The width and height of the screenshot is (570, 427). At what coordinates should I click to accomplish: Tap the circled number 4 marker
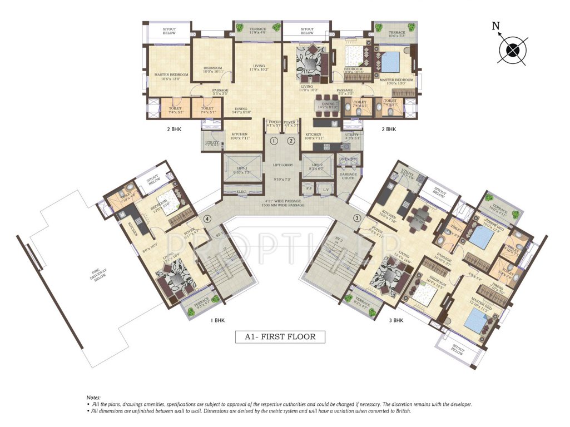(207, 218)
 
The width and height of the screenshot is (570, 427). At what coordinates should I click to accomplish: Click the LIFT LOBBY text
(284, 165)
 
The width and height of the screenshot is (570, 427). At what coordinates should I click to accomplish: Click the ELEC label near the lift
(242, 192)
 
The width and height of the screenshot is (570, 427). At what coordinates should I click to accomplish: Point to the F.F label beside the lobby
(310, 188)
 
